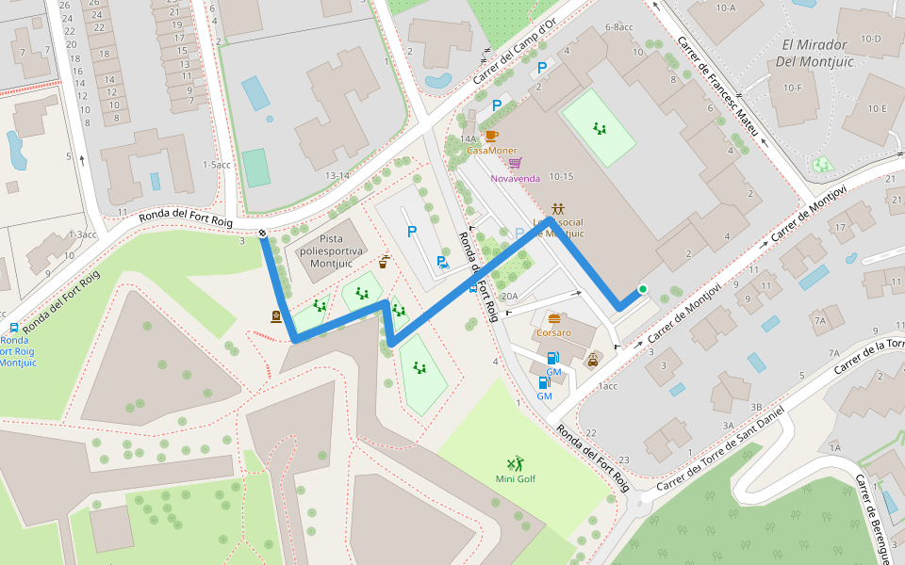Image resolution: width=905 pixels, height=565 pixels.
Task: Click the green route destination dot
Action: (643, 289)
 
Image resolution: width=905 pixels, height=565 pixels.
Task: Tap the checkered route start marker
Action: (262, 232)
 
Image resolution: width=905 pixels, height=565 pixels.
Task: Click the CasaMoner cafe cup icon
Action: (491, 136)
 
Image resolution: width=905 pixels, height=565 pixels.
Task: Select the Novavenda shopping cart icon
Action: (514, 163)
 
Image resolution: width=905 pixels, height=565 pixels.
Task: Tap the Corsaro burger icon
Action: (554, 318)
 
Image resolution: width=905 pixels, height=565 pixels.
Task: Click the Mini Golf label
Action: (515, 479)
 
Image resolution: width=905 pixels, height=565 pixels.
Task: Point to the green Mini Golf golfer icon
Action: (515, 463)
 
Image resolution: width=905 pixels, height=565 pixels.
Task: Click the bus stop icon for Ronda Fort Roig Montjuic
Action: (13, 328)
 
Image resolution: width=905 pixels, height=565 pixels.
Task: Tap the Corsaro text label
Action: (553, 333)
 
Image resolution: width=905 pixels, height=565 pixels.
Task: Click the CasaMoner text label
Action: (491, 151)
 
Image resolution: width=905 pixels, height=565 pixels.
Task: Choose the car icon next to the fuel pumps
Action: (593, 359)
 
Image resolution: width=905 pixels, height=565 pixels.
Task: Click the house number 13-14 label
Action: (337, 175)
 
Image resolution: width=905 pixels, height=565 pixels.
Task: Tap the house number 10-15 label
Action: (561, 176)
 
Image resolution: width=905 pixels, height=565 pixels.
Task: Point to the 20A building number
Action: (509, 297)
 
